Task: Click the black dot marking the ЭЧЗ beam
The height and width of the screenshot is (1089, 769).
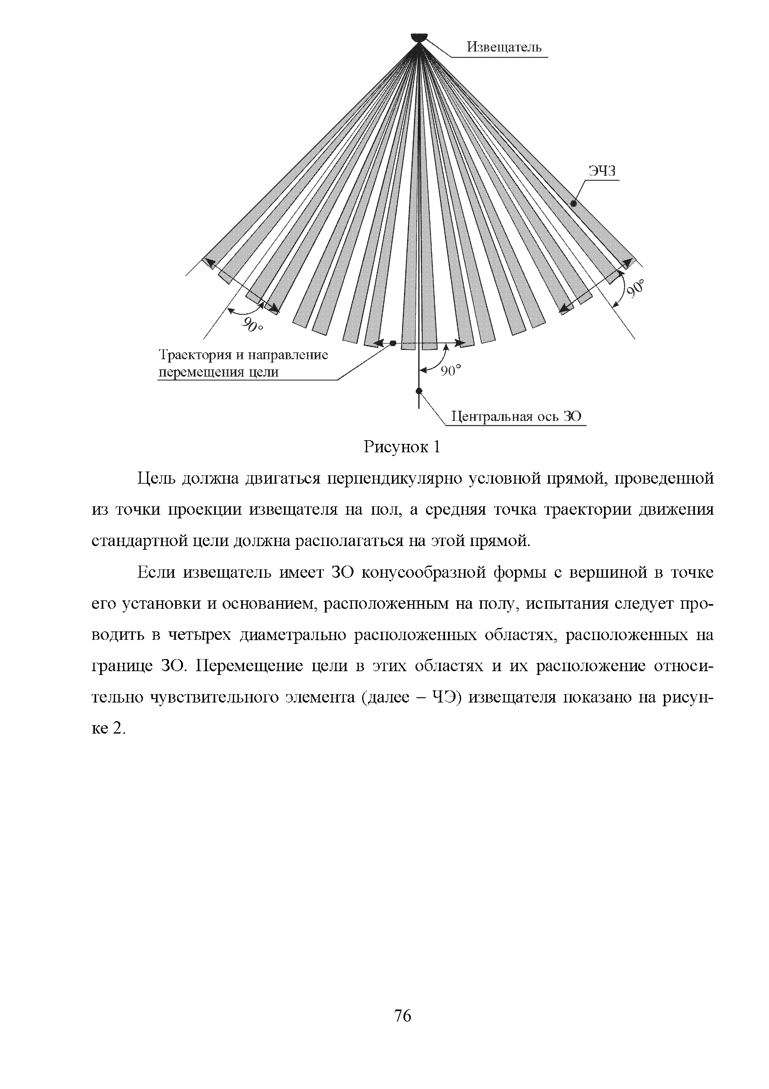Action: click(x=573, y=203)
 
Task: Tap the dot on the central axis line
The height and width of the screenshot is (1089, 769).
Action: click(x=419, y=391)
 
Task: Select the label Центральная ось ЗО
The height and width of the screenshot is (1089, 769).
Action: click(x=516, y=417)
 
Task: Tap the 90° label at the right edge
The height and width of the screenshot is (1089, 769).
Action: click(x=636, y=289)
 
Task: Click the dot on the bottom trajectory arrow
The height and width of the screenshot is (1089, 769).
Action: click(x=393, y=343)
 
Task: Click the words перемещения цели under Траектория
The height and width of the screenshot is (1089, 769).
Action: click(x=218, y=372)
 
